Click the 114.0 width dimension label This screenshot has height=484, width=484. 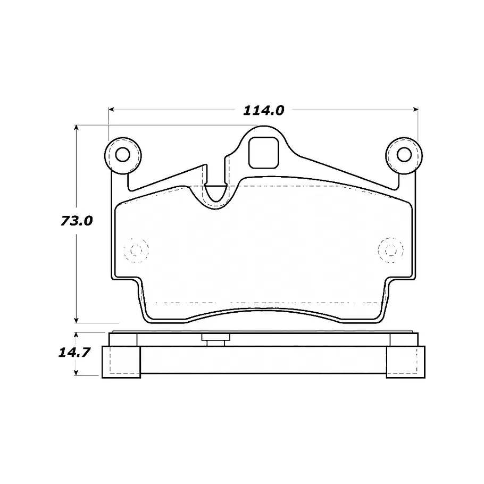(x=263, y=110)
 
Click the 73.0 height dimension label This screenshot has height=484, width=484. (x=77, y=221)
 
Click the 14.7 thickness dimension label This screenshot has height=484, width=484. (x=74, y=352)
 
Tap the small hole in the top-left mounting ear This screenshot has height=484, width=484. (x=122, y=155)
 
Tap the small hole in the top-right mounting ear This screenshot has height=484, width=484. (x=404, y=155)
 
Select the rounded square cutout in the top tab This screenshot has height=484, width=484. (x=264, y=153)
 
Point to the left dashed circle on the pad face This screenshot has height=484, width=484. (x=136, y=250)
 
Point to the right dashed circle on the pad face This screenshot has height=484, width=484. (x=391, y=250)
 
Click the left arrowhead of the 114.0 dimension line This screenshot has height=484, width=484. (x=112, y=109)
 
